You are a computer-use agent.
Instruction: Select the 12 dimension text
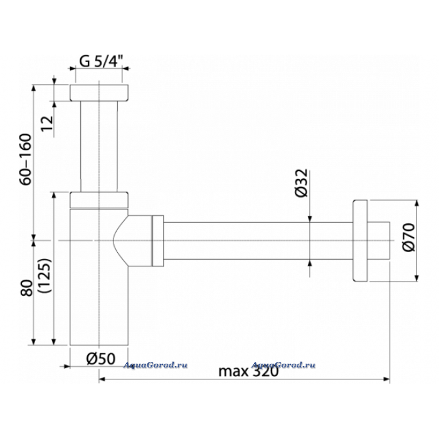(47, 123)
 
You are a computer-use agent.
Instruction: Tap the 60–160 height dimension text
(26, 159)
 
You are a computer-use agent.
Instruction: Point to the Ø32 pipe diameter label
(302, 183)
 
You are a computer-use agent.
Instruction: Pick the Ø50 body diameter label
(101, 359)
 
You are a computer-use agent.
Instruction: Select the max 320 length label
(248, 371)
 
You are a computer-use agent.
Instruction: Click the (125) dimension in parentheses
(45, 275)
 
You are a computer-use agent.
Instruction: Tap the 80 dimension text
(26, 287)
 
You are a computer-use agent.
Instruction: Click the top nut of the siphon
(99, 93)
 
